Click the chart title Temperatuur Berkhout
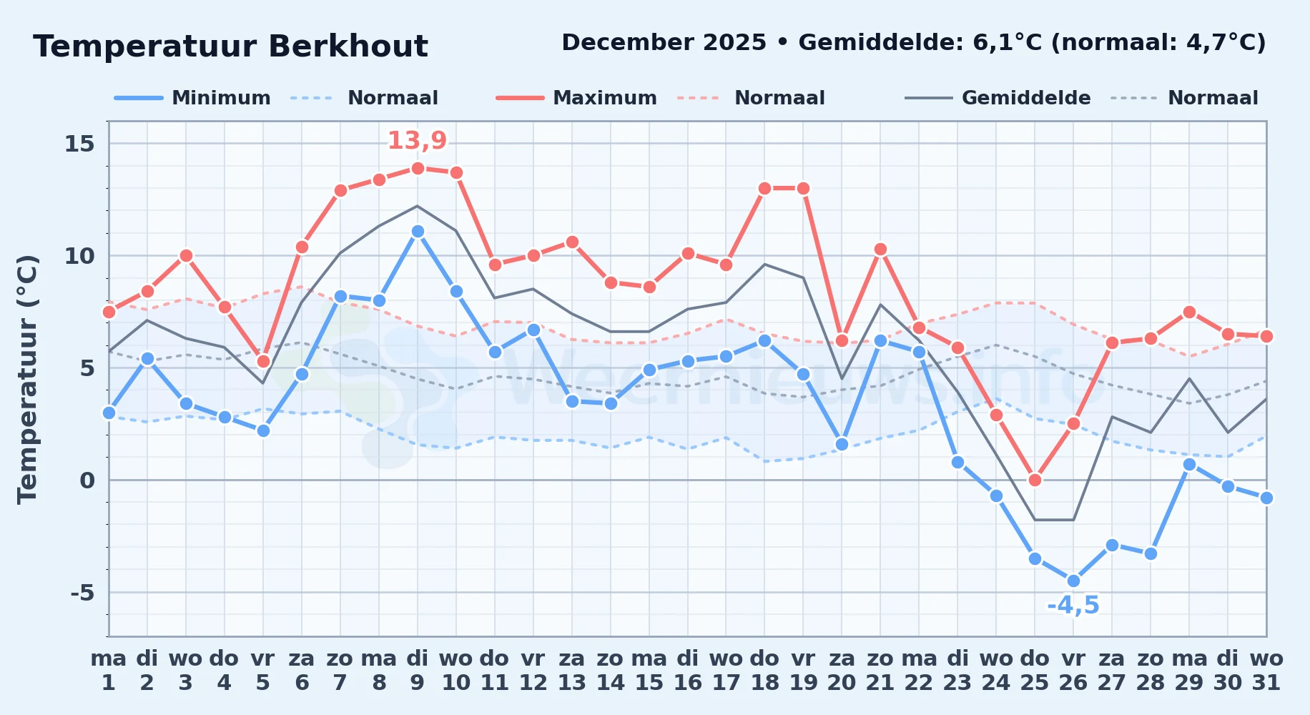coord(230,46)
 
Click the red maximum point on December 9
coord(418,168)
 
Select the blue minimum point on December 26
coord(1073,581)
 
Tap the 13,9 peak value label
coord(418,140)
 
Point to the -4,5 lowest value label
coord(1073,606)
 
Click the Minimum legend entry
coord(192,98)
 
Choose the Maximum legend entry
coord(577,98)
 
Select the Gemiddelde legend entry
coord(998,98)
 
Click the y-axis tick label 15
coord(79,144)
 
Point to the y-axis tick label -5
coord(82,593)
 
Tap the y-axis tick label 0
coord(87,480)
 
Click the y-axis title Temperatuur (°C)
coord(27,379)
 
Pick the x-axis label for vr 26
coord(1073,670)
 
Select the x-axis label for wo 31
coord(1266,670)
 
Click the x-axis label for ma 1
coord(109,670)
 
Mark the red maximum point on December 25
coord(1035,480)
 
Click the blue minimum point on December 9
coord(418,232)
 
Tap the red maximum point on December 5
coord(263,361)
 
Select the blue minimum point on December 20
coord(842,444)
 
